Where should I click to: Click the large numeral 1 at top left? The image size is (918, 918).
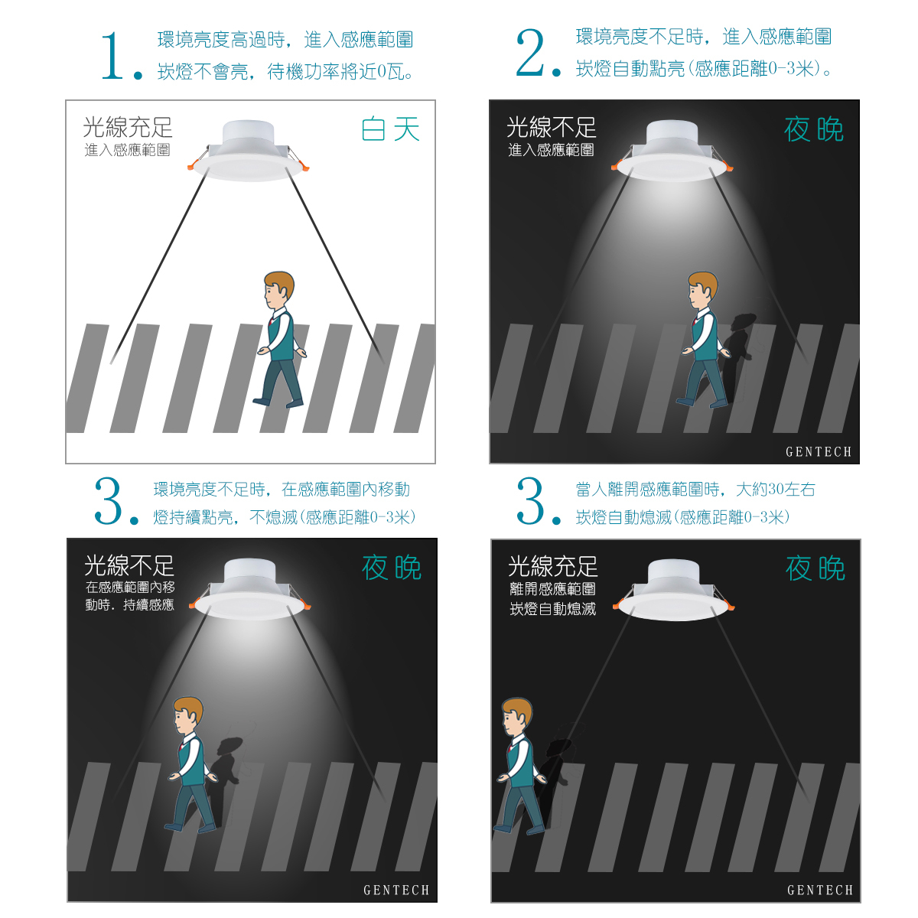coord(112,56)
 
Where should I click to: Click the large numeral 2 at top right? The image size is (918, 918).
coord(529,52)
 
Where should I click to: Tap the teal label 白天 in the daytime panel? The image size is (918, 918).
coord(390,129)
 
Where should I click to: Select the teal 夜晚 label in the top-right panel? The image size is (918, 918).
coord(814,129)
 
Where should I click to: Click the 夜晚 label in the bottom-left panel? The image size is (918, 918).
coord(392,568)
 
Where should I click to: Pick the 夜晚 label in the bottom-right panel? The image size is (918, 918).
coord(815,568)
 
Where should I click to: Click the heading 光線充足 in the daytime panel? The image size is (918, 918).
coord(128,127)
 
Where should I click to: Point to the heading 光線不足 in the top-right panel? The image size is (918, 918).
coord(552,127)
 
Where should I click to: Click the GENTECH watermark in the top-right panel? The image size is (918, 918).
coord(819,451)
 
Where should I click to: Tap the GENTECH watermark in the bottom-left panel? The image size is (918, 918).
coord(396,890)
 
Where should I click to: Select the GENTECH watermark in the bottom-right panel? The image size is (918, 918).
coord(820,890)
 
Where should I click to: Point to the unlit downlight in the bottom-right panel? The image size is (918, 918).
coord(674,590)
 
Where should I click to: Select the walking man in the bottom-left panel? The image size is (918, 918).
coord(191,763)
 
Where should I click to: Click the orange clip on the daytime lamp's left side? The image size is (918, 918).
coord(191,166)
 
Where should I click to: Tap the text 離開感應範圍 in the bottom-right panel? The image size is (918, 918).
coord(552,589)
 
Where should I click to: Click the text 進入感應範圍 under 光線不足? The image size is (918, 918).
coord(551,150)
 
